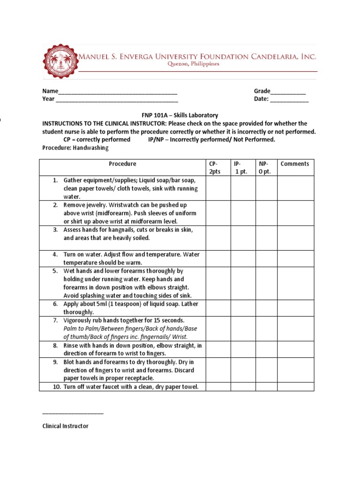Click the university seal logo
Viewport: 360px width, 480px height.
[x=60, y=64]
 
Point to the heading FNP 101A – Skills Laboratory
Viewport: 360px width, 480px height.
[x=180, y=115]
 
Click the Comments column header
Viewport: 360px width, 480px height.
[x=295, y=164]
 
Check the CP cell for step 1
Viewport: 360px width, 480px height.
[x=217, y=188]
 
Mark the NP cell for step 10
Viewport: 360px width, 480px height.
[x=266, y=387]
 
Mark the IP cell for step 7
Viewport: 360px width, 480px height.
[x=242, y=329]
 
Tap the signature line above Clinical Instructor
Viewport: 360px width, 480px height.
[x=73, y=413]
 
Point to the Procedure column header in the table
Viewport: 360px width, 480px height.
[x=122, y=164]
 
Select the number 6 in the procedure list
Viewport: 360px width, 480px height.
[x=55, y=304]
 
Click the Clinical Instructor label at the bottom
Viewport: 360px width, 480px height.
[x=65, y=426]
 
